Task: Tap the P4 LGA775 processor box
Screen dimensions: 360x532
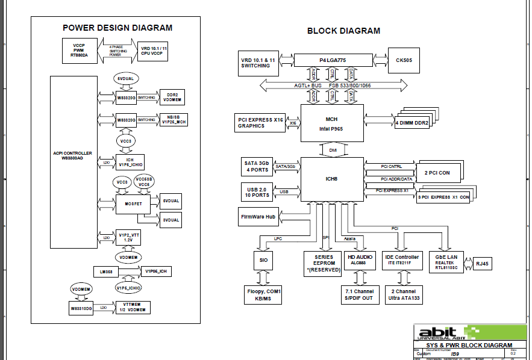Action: click(333, 60)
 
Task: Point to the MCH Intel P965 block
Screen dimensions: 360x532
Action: click(332, 123)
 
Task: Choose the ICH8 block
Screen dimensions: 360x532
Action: click(332, 178)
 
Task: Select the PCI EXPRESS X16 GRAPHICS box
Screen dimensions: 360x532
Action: click(260, 123)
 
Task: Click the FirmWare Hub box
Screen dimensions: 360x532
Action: click(258, 216)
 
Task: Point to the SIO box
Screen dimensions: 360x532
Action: click(263, 260)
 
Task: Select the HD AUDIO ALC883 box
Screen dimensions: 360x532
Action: click(360, 260)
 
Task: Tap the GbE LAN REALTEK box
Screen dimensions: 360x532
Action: click(446, 262)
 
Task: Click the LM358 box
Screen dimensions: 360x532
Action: click(109, 271)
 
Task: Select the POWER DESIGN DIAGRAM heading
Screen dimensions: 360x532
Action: click(117, 28)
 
